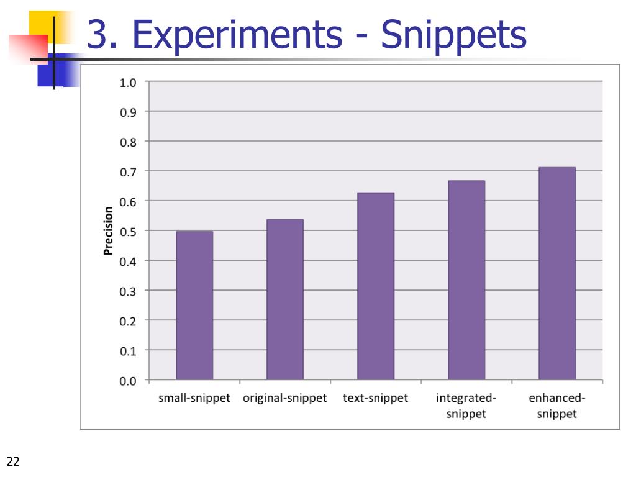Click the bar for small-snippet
coord(194,306)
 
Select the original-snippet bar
coord(285,299)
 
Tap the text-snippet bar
coord(376,286)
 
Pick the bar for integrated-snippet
coord(466,280)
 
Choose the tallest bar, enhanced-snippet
coord(557,273)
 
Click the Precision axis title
coord(109,231)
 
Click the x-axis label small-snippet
coord(194,398)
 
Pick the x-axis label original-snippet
coord(285,398)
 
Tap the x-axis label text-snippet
coord(376,398)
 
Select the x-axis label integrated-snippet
coord(466,406)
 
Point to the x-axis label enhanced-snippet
coord(557,406)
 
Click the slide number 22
coord(13,461)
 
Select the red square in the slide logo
coord(27,48)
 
